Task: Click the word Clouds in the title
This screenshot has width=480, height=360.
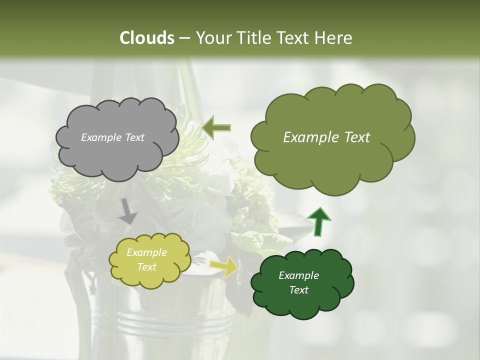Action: pyautogui.click(x=146, y=38)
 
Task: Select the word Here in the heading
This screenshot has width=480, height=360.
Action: pyautogui.click(x=334, y=38)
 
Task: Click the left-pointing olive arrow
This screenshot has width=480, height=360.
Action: pyautogui.click(x=216, y=127)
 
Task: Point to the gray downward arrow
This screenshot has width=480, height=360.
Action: pyautogui.click(x=128, y=211)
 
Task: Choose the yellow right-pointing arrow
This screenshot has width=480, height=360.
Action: pyautogui.click(x=224, y=266)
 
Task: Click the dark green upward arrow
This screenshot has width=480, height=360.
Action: pyautogui.click(x=318, y=221)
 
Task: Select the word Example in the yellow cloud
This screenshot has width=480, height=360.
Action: pyautogui.click(x=146, y=253)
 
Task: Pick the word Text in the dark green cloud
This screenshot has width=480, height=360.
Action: pyautogui.click(x=298, y=290)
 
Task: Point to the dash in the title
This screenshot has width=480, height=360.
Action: pyautogui.click(x=184, y=38)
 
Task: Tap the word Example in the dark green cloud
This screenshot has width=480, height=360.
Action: pyautogui.click(x=298, y=275)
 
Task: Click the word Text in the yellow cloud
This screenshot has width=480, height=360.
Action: pyautogui.click(x=146, y=267)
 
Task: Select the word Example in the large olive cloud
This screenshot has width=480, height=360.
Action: pyautogui.click(x=309, y=137)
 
